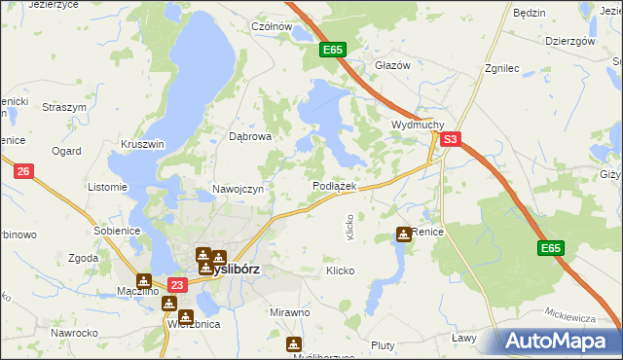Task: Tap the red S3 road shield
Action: tap(450, 140)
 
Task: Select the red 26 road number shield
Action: tap(25, 172)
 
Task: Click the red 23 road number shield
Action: tap(176, 285)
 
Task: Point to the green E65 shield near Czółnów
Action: tap(331, 49)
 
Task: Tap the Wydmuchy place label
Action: tap(418, 126)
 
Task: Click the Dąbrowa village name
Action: tap(249, 137)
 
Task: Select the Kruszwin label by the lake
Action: tap(143, 144)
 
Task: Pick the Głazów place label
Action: tap(393, 64)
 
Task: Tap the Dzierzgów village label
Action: tap(570, 42)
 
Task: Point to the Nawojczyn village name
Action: tap(238, 189)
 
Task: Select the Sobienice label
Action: tap(118, 231)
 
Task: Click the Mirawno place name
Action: tap(289, 312)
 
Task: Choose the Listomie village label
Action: tap(107, 187)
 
